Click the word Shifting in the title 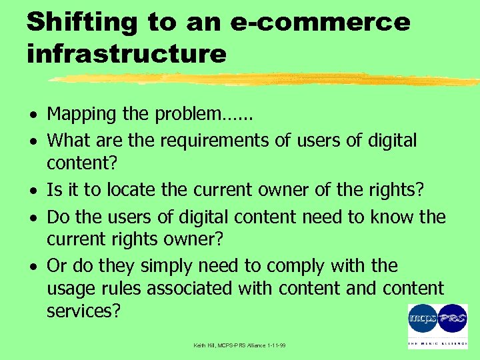tap(81, 22)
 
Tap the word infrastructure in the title tap(127, 53)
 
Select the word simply tap(155, 266)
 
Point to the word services tap(83, 311)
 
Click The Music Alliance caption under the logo tap(437, 344)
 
